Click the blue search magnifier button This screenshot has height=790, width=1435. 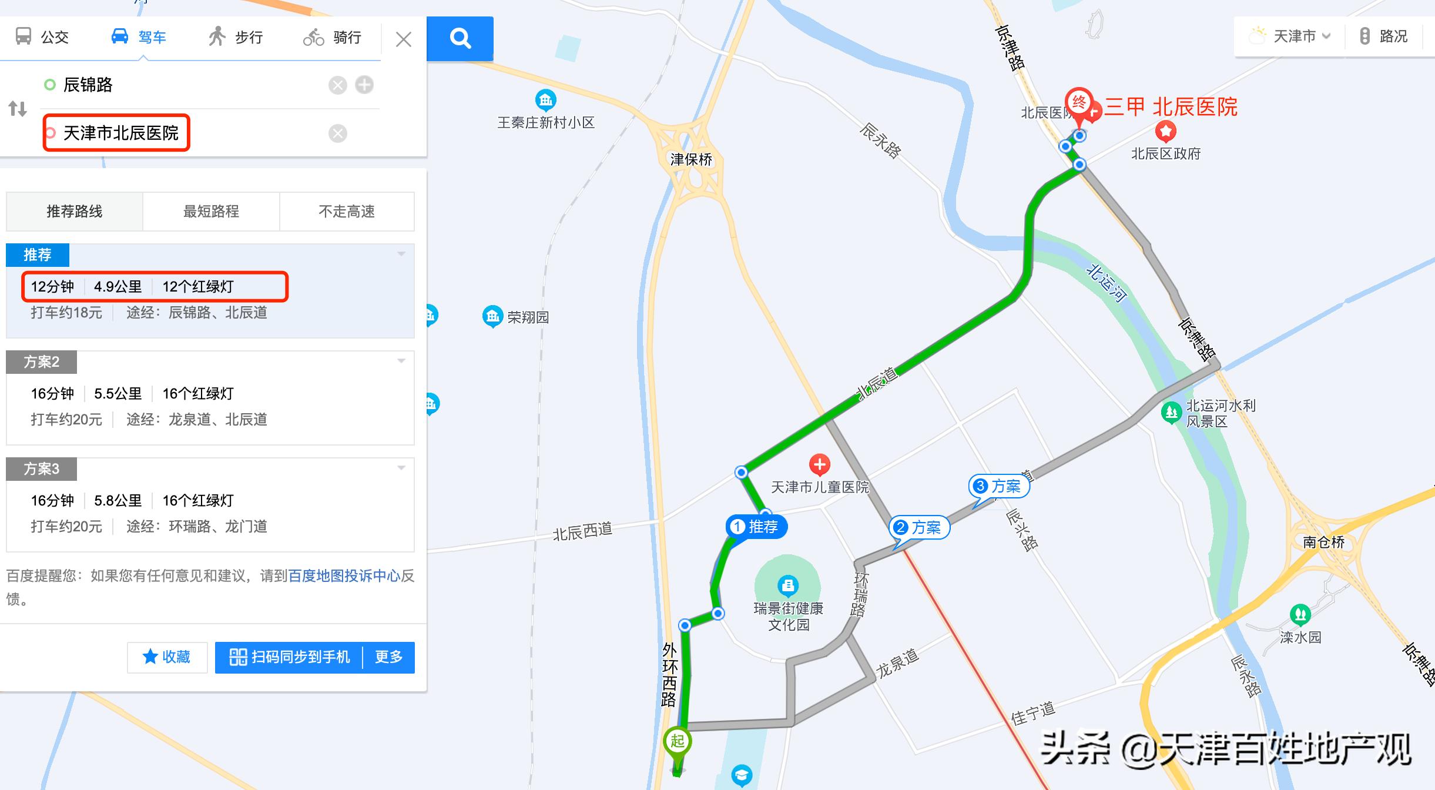[x=460, y=39]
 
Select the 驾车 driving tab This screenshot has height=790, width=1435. [x=139, y=37]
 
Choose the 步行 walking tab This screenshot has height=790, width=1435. [x=236, y=37]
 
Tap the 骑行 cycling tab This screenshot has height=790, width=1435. [x=332, y=37]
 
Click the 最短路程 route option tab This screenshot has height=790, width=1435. [x=211, y=211]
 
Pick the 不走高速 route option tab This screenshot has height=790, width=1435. [x=347, y=211]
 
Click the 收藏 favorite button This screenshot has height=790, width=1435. [x=167, y=657]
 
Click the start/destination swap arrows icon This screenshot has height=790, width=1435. [x=18, y=109]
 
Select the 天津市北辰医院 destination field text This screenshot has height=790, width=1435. [x=120, y=133]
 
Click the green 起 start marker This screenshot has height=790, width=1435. [x=677, y=742]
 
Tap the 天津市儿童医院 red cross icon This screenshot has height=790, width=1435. [x=819, y=464]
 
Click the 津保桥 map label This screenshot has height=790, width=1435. [x=691, y=159]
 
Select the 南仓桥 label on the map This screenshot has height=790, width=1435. [x=1323, y=542]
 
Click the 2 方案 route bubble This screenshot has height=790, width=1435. [x=920, y=527]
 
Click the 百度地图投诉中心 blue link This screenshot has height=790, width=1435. [x=344, y=575]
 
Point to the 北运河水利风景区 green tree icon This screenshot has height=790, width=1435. [x=1171, y=412]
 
